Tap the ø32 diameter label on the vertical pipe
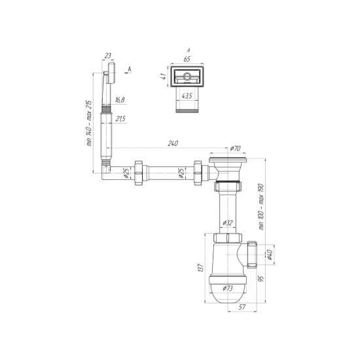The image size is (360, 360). pos(227,223)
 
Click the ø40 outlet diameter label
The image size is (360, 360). pos(268,254)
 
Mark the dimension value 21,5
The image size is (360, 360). pos(120,119)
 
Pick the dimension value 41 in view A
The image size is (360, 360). pos(162,77)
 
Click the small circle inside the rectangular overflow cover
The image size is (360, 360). pos(187,77)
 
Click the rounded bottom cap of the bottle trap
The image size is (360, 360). pos(227,288)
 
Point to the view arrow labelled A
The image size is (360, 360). pos(130,68)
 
